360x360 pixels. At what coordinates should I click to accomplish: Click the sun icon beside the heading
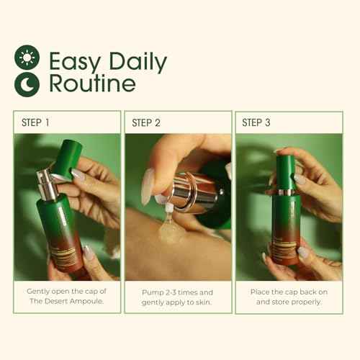point(27,58)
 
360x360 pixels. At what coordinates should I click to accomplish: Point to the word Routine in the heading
point(91,84)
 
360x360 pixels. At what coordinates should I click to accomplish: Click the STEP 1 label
point(35,122)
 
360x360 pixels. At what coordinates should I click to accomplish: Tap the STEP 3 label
point(257,122)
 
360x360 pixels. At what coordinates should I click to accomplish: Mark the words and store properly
point(288,302)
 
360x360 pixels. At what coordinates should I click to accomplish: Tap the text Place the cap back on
point(288,292)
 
